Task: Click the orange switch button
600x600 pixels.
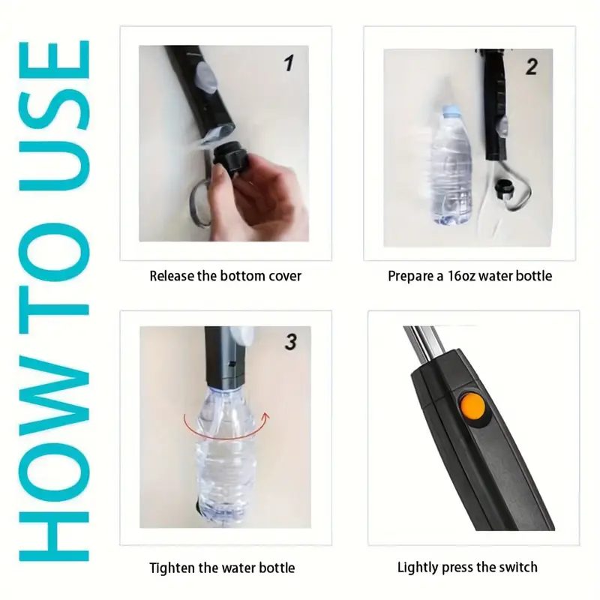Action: [472, 406]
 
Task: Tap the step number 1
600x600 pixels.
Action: [289, 63]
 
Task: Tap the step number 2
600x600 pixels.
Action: [532, 67]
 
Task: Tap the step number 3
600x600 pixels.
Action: [291, 342]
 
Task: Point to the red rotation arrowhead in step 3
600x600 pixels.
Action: [266, 416]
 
